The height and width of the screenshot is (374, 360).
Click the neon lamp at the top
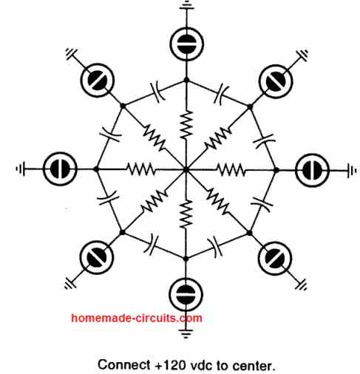[x=187, y=44]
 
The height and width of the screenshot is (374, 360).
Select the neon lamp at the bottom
[x=186, y=294]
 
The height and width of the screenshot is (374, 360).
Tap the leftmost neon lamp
[x=60, y=169]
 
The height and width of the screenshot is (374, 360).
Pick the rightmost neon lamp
[x=312, y=170]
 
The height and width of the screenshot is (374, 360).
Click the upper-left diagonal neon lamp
[x=98, y=80]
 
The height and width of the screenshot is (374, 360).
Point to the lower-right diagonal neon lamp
[x=276, y=258]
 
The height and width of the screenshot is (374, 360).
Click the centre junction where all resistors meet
[x=186, y=169]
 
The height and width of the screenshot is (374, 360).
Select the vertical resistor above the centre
[x=186, y=124]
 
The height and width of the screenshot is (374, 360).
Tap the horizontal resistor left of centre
[x=141, y=169]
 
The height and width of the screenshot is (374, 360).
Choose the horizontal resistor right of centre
[x=231, y=170]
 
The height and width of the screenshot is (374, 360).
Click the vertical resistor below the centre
[x=186, y=214]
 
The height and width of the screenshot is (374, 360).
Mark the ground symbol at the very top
[x=187, y=5]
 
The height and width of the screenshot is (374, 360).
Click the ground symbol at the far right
[x=352, y=170]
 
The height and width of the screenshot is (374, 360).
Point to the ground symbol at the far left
[x=21, y=169]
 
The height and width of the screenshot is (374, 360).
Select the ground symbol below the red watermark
[x=186, y=333]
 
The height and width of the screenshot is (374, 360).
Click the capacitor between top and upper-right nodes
[x=221, y=94]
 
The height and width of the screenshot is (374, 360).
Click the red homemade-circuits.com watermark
[x=137, y=318]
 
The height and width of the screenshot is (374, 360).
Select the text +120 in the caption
[x=171, y=365]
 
